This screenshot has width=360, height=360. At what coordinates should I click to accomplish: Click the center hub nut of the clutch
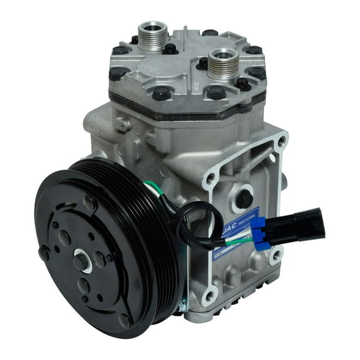pos(82,261)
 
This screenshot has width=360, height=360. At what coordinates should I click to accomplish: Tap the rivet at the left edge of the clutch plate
pos(44,253)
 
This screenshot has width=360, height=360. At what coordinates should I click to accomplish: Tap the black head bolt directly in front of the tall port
pos(161,94)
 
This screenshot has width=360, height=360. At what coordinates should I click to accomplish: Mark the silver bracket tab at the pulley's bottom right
pos(181,306)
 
